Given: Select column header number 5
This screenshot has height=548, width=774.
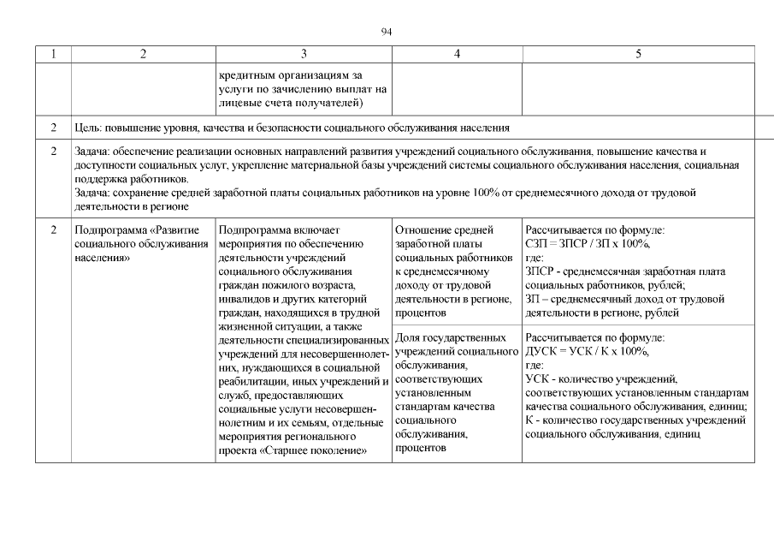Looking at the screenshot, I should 638,54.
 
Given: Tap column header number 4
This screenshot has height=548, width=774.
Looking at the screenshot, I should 458,54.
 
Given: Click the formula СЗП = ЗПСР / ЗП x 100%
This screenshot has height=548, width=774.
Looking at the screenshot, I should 588,244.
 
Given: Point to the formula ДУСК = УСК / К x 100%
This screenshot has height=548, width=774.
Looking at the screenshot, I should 588,351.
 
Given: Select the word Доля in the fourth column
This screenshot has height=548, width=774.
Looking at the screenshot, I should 410,337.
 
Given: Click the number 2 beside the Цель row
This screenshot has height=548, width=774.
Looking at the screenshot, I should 53,128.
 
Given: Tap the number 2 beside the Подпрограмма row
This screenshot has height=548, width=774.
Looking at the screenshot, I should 53,229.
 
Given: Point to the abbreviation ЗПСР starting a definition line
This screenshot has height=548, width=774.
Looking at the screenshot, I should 540,271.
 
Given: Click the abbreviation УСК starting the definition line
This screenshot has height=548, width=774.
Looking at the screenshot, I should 536,378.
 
